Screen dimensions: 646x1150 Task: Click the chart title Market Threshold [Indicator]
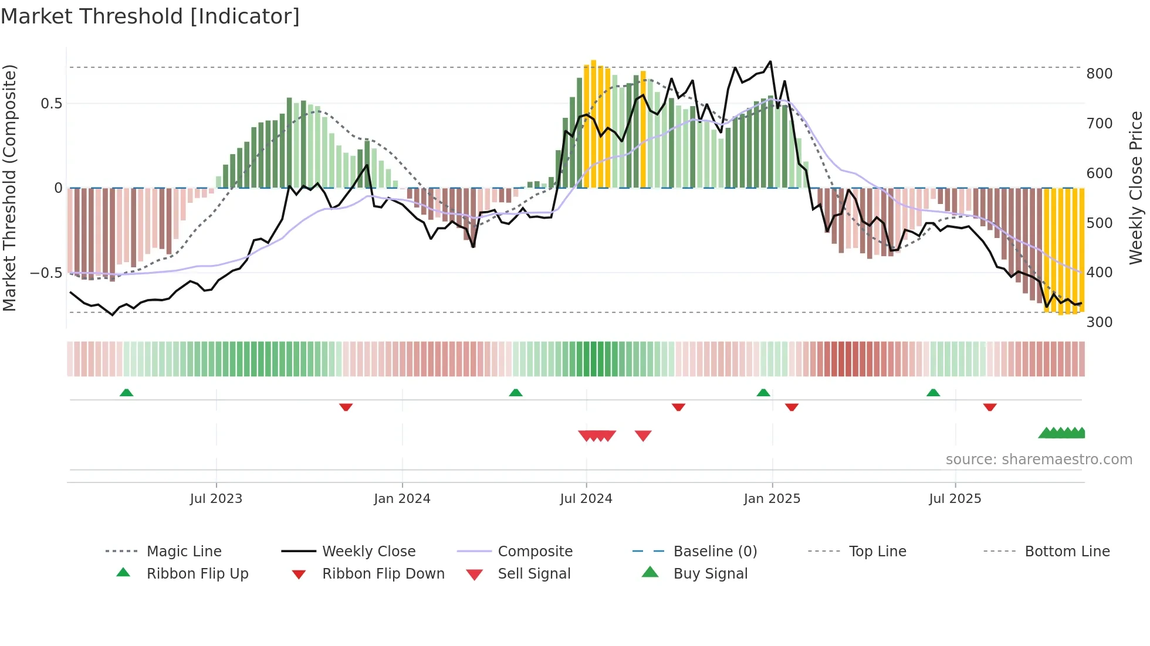[150, 16]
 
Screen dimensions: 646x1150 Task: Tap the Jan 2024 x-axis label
[402, 499]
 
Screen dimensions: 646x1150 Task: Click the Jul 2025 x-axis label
[955, 499]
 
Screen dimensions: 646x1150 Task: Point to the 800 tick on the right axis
[1099, 74]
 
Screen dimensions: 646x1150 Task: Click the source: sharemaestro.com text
[1039, 460]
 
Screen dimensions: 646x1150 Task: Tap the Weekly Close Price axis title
[1136, 188]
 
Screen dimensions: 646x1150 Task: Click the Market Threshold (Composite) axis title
[9, 188]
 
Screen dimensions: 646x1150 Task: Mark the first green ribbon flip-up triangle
[126, 393]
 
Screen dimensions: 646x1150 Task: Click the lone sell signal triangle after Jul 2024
[643, 436]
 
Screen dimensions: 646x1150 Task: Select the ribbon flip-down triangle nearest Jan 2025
[792, 407]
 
